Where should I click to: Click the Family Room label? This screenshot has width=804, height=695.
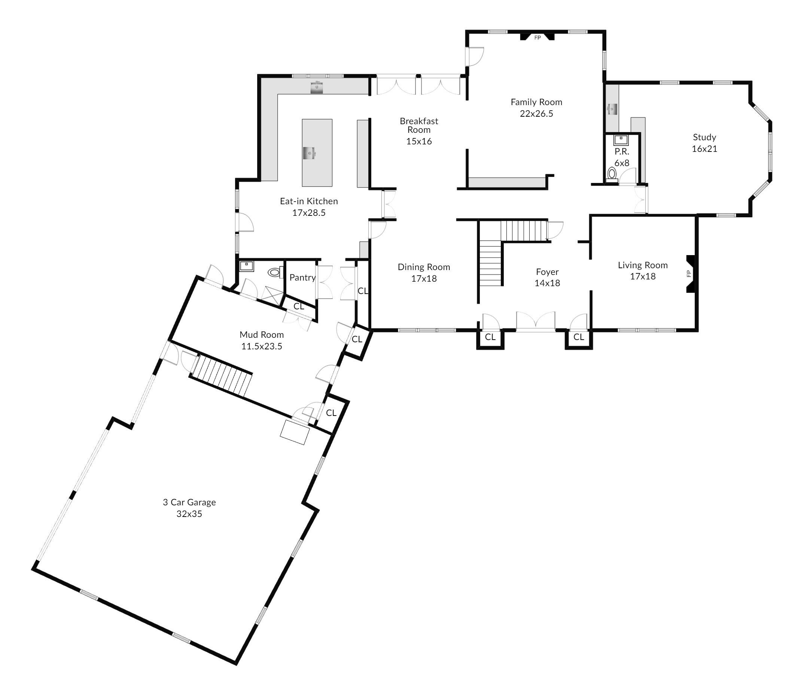[536, 102]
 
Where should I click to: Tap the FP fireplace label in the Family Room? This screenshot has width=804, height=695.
[537, 38]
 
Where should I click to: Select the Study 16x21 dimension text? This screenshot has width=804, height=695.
[704, 149]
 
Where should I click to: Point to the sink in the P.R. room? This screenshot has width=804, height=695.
[621, 139]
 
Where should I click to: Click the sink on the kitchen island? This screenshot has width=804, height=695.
[310, 153]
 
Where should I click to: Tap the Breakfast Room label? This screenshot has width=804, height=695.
[419, 125]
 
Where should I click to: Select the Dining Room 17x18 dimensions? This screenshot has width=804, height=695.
[424, 278]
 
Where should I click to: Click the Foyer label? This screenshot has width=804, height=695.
[547, 272]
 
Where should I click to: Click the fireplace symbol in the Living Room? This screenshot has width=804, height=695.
[691, 273]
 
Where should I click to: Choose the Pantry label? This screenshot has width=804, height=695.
[302, 277]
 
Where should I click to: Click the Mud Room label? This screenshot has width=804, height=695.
[262, 335]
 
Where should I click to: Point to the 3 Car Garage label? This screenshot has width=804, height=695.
[189, 502]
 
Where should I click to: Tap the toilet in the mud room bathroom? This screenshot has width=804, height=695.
[274, 272]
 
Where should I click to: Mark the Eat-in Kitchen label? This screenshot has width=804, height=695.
[309, 201]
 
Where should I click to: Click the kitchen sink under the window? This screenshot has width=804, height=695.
[317, 87]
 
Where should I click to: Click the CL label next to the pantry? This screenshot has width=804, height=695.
[299, 306]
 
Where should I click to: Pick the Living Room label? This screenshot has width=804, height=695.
[643, 265]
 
